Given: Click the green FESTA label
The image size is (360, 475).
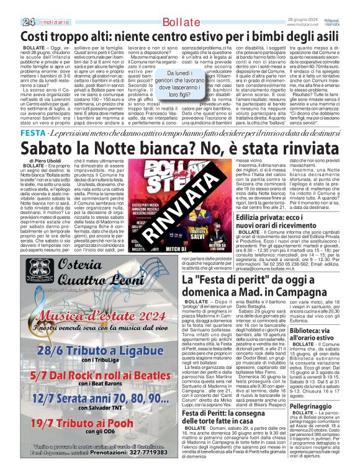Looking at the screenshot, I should tap(33, 133).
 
